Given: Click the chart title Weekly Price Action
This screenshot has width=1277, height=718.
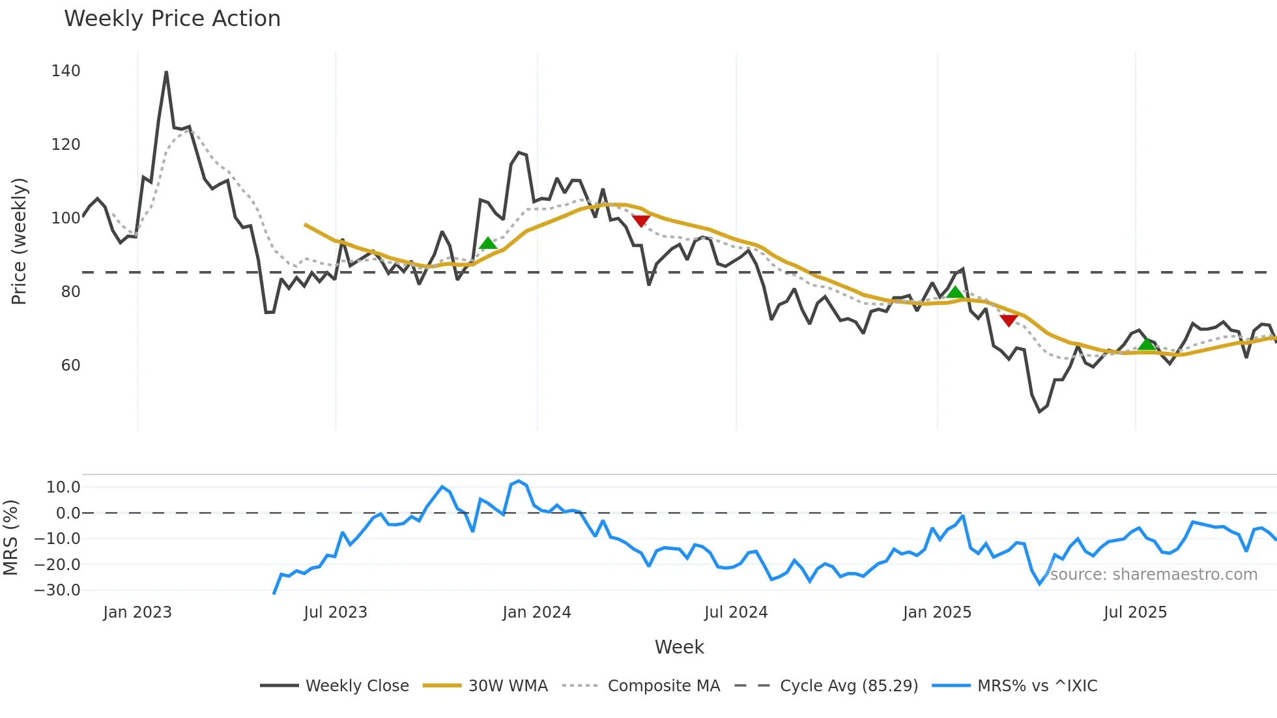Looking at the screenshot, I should [x=172, y=19].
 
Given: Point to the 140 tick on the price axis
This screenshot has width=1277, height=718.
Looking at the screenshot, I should [x=66, y=71].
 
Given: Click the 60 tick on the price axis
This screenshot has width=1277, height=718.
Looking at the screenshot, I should [x=70, y=366].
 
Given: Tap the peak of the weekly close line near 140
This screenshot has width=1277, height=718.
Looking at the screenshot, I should [x=166, y=72].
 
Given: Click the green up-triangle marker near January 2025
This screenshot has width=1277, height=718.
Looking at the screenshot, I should [x=955, y=293].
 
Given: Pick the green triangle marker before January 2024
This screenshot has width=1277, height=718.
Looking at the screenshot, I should [x=488, y=244].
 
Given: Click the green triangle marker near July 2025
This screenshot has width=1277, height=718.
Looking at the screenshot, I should [x=1147, y=344].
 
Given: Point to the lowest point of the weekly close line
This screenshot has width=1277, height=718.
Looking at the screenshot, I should [x=1040, y=412].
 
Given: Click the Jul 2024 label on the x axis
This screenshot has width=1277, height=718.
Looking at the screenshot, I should [x=736, y=612].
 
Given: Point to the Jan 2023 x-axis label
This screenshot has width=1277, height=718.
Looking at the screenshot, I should [x=137, y=612].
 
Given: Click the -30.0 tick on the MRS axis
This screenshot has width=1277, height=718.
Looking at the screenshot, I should [x=57, y=590].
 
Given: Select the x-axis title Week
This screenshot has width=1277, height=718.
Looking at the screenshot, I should [x=679, y=647].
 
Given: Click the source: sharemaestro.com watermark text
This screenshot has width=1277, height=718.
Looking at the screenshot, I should [x=1153, y=575].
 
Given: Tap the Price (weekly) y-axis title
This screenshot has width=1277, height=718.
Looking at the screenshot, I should [x=19, y=241].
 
